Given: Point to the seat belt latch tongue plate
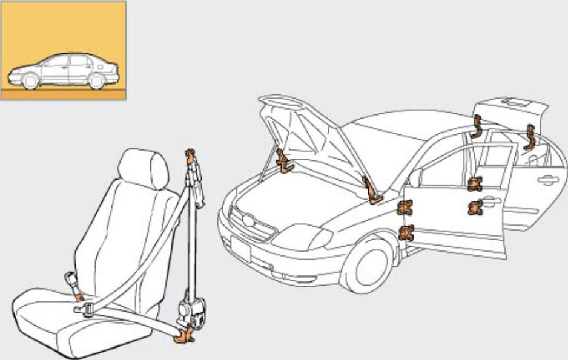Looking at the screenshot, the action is click(85, 310).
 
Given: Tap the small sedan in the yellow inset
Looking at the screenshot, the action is click(64, 71).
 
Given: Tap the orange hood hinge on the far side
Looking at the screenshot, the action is click(282, 161).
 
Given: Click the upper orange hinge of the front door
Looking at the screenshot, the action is click(405, 208).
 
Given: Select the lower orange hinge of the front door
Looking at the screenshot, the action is click(406, 232).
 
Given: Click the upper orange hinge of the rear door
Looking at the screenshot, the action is click(475, 183).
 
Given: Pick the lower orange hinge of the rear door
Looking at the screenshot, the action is click(475, 208).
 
